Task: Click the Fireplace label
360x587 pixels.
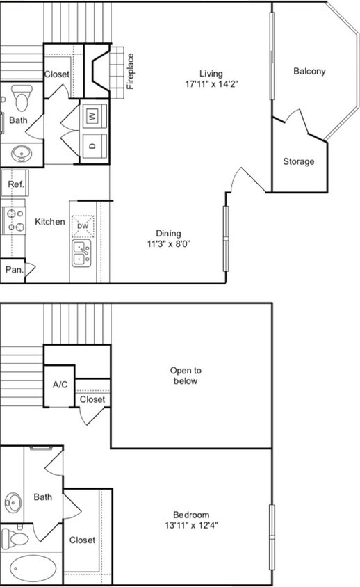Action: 130,72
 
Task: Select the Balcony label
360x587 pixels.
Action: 309,71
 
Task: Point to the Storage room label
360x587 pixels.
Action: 298,161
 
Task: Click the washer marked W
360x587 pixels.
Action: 93,116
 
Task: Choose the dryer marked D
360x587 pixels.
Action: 93,146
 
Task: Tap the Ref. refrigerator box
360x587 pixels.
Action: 15,184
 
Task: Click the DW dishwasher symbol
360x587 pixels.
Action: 83,226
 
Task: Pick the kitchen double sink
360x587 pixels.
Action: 83,253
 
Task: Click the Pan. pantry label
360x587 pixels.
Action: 14,269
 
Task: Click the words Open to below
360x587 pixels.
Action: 185,376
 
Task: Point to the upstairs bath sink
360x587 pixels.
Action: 13,502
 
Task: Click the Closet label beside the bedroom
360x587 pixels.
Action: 82,540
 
